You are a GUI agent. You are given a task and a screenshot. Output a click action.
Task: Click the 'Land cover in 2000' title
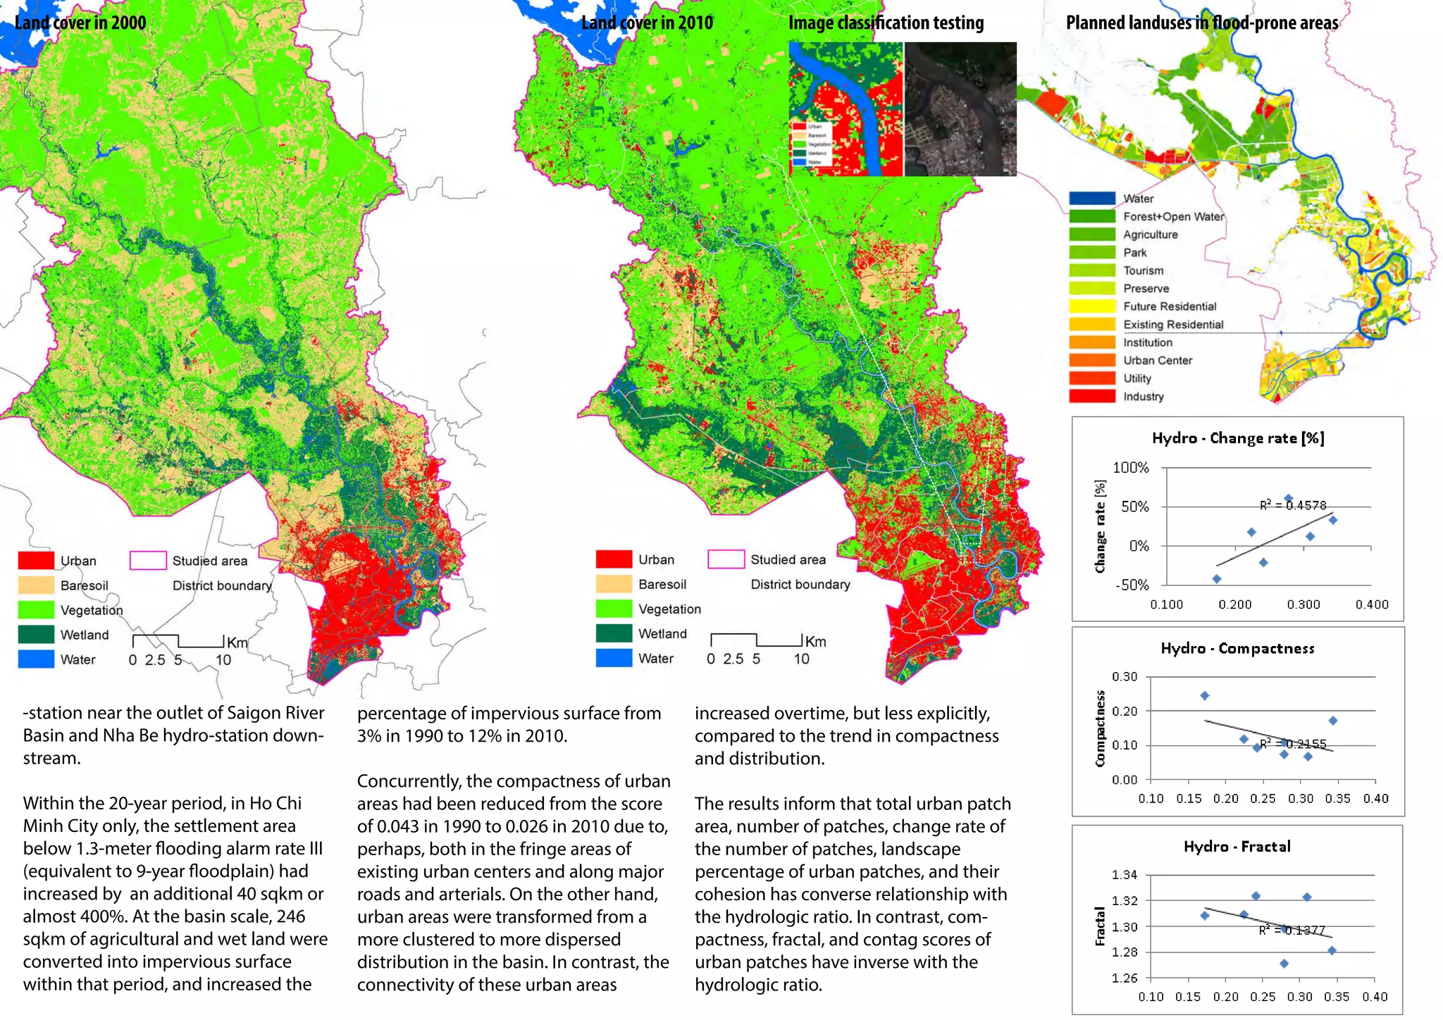tap(80, 23)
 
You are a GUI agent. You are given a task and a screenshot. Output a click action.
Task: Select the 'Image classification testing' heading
tap(886, 23)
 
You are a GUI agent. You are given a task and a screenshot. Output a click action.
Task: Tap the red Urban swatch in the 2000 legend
tap(36, 561)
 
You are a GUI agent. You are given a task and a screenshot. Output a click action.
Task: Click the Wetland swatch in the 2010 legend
tap(614, 633)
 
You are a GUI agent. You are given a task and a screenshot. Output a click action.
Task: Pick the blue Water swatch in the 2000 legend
tap(36, 659)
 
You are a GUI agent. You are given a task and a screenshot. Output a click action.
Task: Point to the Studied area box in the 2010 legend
tap(726, 559)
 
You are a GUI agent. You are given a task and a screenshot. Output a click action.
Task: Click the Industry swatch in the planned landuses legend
tap(1091, 396)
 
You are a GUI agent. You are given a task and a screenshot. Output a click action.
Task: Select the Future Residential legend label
tap(1170, 306)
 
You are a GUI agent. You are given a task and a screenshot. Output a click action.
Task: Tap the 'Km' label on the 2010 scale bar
tap(815, 642)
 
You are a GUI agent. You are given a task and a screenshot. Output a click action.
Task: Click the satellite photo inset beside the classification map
tap(960, 109)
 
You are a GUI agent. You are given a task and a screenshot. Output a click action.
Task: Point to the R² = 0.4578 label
tap(1293, 505)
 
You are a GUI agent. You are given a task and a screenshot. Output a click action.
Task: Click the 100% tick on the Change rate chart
tap(1130, 468)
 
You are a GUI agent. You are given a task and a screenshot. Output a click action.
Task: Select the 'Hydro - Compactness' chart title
tap(1237, 649)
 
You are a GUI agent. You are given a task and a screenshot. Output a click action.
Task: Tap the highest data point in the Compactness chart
tap(1205, 695)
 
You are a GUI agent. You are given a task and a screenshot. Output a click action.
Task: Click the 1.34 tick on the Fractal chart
tap(1125, 875)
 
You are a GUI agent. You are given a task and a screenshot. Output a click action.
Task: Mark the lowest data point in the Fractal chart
tap(1284, 963)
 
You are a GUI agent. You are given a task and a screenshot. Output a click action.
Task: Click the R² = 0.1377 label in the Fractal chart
tap(1292, 931)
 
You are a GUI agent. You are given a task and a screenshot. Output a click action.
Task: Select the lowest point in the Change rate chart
tap(1217, 579)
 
